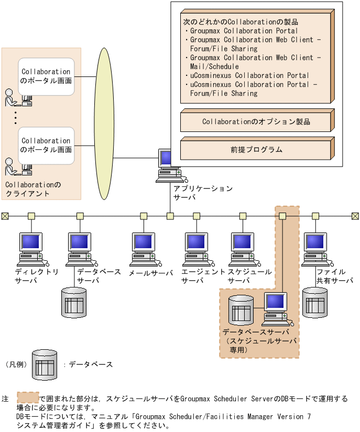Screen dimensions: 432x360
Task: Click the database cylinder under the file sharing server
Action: [316, 302]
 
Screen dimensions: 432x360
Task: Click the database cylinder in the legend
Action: [45, 364]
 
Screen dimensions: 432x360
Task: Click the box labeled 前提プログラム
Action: [256, 149]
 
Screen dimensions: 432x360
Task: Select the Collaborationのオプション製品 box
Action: [256, 121]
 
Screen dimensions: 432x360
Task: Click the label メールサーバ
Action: [150, 273]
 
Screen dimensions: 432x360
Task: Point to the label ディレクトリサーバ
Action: [36, 276]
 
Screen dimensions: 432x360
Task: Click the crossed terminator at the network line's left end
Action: [5, 216]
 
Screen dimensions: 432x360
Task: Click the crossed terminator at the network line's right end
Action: [355, 216]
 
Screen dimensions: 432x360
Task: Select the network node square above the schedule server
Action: [243, 216]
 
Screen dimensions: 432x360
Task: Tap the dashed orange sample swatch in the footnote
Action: [27, 398]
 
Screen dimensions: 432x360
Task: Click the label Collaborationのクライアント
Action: [32, 189]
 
